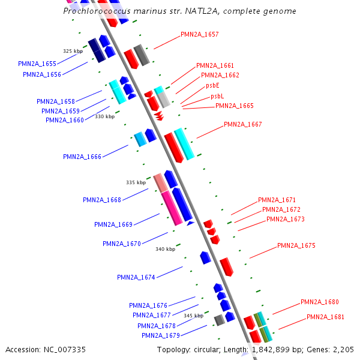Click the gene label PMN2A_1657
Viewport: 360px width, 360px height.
click(x=200, y=34)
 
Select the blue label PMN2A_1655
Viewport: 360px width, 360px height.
click(x=37, y=64)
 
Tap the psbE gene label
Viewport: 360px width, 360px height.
click(x=213, y=86)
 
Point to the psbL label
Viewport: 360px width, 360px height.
click(x=217, y=96)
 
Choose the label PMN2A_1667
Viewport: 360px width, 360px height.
click(x=243, y=124)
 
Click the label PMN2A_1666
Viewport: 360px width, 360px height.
click(x=82, y=157)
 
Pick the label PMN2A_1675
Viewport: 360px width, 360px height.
click(x=296, y=245)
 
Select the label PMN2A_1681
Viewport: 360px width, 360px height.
click(x=326, y=317)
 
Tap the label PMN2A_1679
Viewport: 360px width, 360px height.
click(x=161, y=335)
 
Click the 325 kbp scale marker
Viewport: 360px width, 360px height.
click(x=72, y=51)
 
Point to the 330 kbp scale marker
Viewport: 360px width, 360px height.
click(x=104, y=116)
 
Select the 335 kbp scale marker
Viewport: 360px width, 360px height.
click(x=136, y=182)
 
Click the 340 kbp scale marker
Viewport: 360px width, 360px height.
click(x=165, y=248)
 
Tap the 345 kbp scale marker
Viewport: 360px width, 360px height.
click(x=193, y=316)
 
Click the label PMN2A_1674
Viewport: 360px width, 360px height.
click(x=136, y=277)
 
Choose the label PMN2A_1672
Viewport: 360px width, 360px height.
click(x=281, y=209)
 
